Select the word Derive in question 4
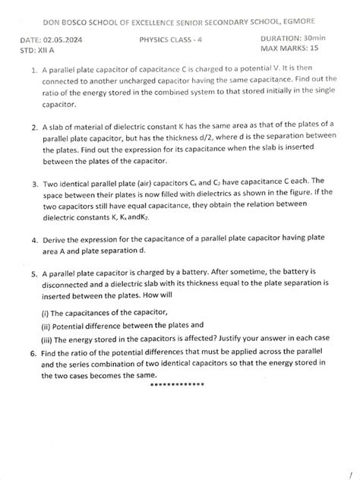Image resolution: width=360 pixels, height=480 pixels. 57,240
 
